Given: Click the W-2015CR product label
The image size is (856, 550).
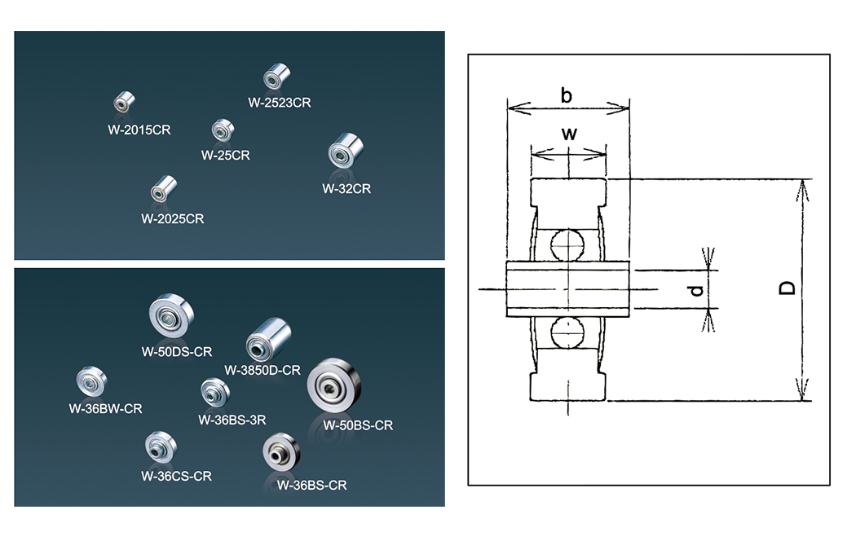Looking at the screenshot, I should (139, 129).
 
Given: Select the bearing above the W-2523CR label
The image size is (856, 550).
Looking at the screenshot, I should (272, 78).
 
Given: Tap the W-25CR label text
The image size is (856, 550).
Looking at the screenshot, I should (225, 155).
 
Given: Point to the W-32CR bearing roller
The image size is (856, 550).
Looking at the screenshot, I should (345, 152).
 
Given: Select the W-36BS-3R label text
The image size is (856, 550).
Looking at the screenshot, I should (232, 420).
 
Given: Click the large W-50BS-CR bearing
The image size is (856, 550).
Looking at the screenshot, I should (333, 385).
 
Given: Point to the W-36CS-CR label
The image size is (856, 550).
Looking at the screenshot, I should (176, 476).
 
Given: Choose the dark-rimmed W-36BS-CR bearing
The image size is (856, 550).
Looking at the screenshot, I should (281, 452).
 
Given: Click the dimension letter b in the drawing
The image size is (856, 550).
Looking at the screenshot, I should (566, 95).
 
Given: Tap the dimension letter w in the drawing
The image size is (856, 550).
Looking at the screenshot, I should (569, 134).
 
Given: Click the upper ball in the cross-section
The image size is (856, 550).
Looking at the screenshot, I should (567, 245).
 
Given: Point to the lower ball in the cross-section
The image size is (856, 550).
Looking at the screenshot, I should (567, 334).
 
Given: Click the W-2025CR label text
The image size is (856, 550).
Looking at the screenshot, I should (172, 218).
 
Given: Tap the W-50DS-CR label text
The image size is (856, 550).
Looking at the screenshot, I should (177, 352).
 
